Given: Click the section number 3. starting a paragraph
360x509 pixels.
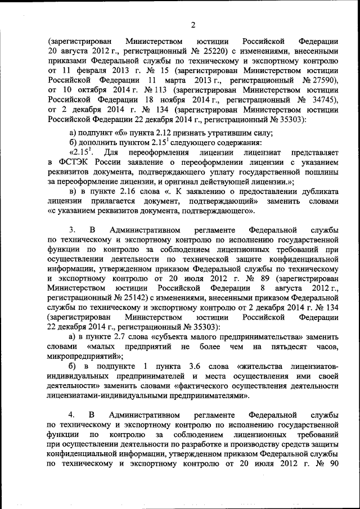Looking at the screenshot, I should (x=72, y=231).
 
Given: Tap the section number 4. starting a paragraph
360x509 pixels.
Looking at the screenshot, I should (x=72, y=415).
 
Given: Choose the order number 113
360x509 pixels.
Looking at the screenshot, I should (x=161, y=89).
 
